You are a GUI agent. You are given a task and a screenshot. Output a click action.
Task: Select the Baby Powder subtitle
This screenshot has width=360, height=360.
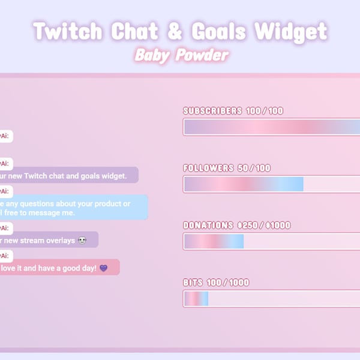tap(181, 55)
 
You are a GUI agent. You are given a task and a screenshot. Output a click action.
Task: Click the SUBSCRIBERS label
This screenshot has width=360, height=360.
tap(212, 111)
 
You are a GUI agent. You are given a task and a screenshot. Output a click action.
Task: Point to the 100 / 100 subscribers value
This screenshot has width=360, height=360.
tap(264, 111)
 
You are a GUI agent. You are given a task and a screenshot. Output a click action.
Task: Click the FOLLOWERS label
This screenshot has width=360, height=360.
tap(208, 168)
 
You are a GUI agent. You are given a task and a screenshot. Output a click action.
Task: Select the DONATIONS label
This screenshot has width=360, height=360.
tap(208, 226)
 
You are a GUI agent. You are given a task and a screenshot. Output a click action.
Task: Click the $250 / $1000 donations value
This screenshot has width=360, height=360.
tap(264, 226)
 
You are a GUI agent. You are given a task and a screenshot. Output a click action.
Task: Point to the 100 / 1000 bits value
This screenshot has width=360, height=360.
tap(228, 283)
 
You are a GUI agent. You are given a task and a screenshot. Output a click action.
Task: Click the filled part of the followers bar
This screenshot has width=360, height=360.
tap(244, 184)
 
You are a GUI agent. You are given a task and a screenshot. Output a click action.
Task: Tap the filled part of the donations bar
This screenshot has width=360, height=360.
tap(214, 241)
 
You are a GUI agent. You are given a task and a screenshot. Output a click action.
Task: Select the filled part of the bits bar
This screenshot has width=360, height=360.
tap(196, 299)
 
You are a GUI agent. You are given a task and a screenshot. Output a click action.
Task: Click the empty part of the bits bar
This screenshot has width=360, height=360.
tap(282, 299)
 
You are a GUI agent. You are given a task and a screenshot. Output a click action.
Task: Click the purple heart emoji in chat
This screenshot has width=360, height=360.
tap(103, 268)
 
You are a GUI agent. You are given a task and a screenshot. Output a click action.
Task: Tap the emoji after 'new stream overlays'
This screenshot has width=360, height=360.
tap(82, 241)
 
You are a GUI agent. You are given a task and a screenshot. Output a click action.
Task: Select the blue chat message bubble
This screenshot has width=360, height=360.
tap(72, 208)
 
